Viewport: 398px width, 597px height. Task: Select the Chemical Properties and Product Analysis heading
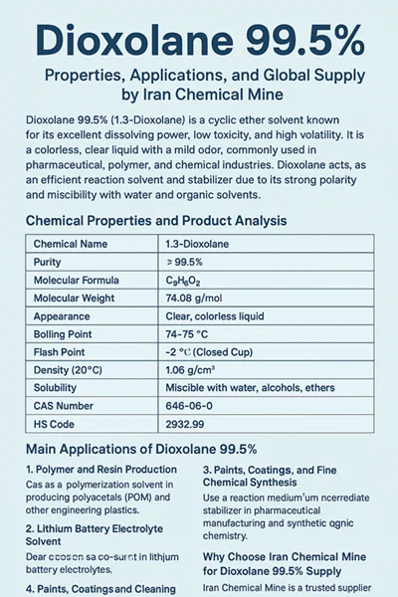pyautogui.click(x=156, y=220)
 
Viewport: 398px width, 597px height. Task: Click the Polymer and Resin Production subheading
pyautogui.click(x=101, y=469)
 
